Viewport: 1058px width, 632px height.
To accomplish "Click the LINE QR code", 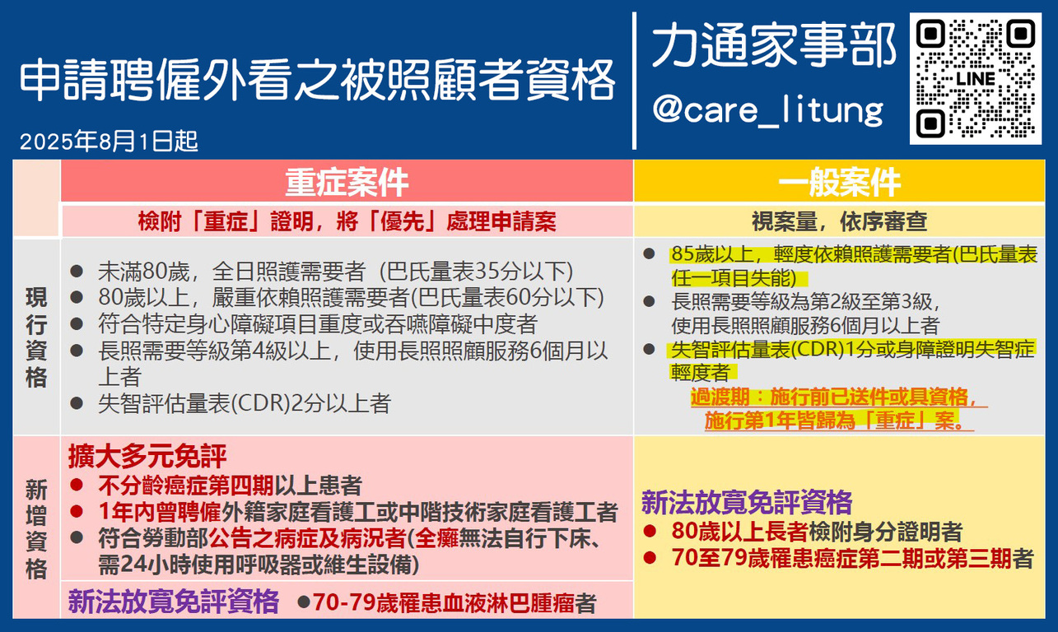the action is click(976, 78).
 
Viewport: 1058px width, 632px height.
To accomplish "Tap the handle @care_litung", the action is click(768, 110).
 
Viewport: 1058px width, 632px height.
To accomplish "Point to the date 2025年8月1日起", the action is click(110, 141).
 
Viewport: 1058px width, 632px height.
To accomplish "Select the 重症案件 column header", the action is click(347, 182).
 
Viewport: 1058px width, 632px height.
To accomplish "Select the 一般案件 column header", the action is click(839, 182).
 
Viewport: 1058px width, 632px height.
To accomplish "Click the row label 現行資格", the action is click(36, 337).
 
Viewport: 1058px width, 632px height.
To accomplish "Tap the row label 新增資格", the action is click(36, 528).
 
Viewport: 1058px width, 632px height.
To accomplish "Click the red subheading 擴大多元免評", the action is click(147, 456).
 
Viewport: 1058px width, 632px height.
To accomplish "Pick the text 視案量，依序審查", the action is click(839, 221).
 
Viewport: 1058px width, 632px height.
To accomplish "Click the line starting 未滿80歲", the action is click(335, 272).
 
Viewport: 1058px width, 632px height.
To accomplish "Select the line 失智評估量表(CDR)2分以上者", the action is click(245, 403).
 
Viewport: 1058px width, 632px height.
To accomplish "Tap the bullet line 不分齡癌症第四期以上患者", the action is click(230, 486).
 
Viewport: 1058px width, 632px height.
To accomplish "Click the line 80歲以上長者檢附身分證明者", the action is click(817, 532).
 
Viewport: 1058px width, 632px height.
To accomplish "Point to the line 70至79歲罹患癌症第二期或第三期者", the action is click(852, 558).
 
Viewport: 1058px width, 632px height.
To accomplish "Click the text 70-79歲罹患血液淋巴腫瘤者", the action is click(454, 602).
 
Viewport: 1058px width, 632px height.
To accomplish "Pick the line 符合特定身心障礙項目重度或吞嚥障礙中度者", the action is click(318, 324).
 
